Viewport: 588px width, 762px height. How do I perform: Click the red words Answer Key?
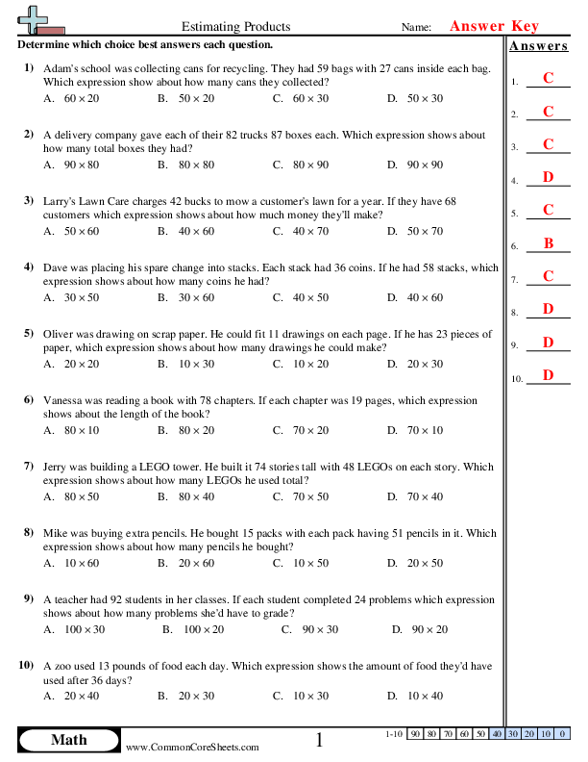(495, 27)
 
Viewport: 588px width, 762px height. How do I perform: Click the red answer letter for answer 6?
(548, 244)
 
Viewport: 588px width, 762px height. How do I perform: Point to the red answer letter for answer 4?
(548, 177)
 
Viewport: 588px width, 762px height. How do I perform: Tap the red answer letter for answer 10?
(548, 375)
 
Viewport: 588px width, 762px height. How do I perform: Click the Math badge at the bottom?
(68, 740)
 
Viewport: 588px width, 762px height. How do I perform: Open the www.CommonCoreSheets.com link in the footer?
(192, 747)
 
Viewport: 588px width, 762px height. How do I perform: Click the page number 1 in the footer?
(320, 740)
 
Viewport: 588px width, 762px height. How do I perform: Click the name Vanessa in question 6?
(64, 399)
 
